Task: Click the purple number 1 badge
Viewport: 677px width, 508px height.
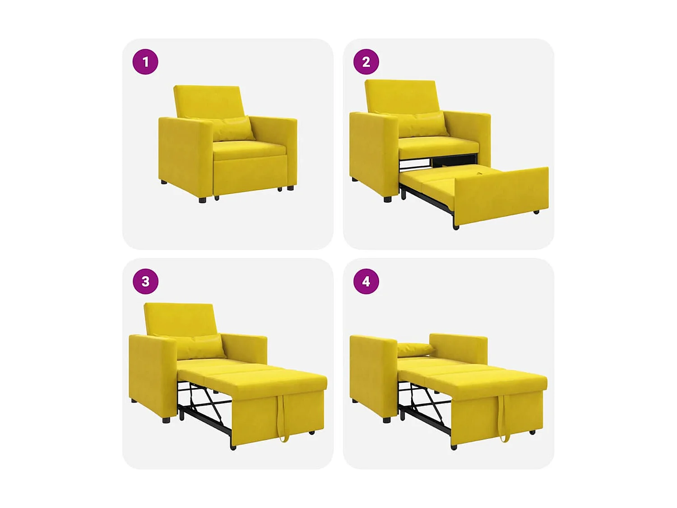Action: [x=145, y=62]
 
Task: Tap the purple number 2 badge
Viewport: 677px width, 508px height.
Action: [x=366, y=62]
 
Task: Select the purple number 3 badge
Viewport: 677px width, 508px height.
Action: [x=145, y=281]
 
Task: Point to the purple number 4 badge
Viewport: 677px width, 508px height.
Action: [x=366, y=281]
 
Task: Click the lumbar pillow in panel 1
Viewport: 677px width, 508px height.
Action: [x=231, y=128]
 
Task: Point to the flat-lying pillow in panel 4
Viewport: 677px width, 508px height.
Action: [x=414, y=349]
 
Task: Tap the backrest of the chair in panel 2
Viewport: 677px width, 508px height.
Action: [x=401, y=96]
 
